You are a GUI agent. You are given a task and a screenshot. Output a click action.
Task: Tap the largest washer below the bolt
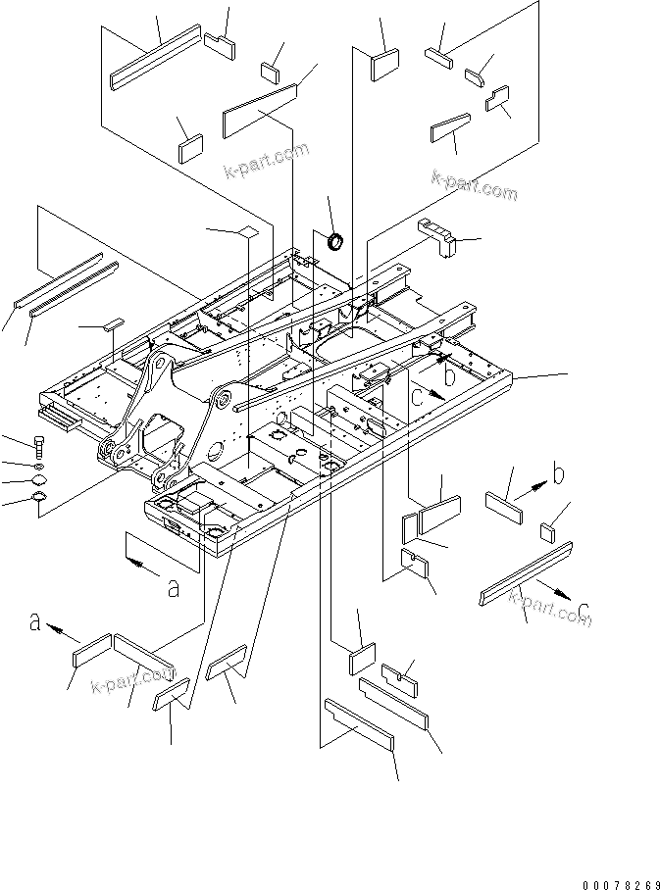pyautogui.click(x=40, y=503)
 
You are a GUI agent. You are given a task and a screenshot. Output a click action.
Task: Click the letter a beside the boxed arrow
pyautogui.click(x=174, y=588)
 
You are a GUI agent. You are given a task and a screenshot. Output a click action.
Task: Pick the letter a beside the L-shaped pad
pyautogui.click(x=36, y=621)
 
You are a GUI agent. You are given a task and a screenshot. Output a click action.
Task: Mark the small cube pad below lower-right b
pyautogui.click(x=549, y=531)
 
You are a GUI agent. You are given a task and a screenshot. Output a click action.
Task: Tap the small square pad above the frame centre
pyautogui.click(x=248, y=232)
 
